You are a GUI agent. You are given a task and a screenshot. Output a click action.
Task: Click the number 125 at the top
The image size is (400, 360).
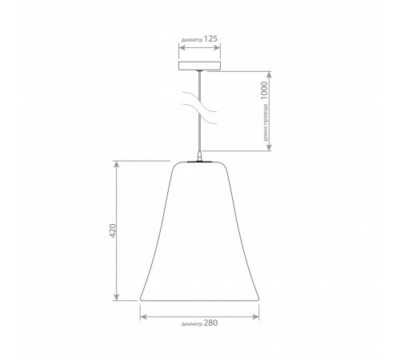pyautogui.click(x=210, y=39)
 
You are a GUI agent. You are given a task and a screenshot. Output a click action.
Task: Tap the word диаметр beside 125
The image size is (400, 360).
pyautogui.click(x=192, y=40)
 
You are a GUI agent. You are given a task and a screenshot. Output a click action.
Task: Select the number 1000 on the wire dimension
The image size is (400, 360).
pyautogui.click(x=264, y=90)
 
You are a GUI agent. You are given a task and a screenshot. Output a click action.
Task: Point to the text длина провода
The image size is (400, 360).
pyautogui.click(x=266, y=122)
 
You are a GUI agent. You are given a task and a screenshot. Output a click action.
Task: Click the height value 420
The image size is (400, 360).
pyautogui.click(x=113, y=230)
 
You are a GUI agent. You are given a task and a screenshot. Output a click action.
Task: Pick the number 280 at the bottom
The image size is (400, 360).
pyautogui.click(x=210, y=323)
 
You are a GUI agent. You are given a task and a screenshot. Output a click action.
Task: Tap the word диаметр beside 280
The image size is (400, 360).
pyautogui.click(x=192, y=324)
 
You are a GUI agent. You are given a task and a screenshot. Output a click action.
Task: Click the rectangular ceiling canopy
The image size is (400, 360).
pyautogui.click(x=199, y=66)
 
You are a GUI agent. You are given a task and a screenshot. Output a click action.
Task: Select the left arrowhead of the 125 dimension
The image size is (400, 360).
pyautogui.click(x=182, y=48)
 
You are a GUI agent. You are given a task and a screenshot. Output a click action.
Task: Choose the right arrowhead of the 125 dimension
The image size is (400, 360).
pyautogui.click(x=217, y=48)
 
